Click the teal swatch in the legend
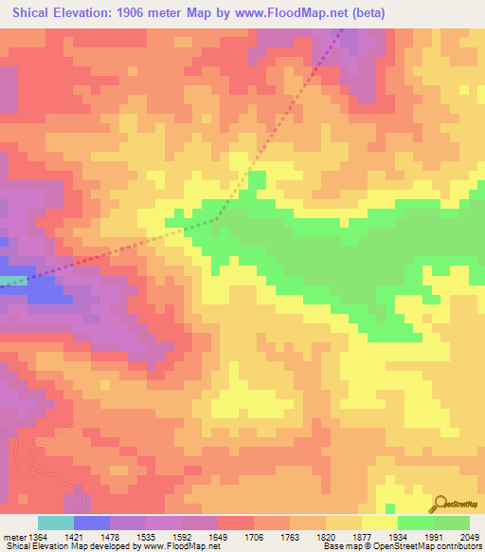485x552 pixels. pos(56,523)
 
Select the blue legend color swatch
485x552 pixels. pos(92,523)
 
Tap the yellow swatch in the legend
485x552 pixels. pos(379,523)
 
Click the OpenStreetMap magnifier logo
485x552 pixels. pos(440,503)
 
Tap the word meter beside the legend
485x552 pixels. pos(12,536)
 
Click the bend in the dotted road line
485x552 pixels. pos(216,219)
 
